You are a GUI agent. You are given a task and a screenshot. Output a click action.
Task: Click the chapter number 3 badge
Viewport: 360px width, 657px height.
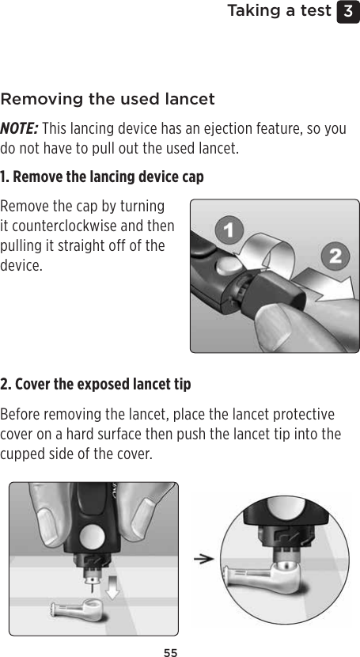(347, 12)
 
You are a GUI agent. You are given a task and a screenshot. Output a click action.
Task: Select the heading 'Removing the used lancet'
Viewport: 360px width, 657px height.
(108, 100)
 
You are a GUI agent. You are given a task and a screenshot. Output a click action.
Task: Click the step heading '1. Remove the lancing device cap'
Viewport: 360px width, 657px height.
(102, 176)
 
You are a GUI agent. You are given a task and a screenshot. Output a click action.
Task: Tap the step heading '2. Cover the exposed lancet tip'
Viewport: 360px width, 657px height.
(96, 384)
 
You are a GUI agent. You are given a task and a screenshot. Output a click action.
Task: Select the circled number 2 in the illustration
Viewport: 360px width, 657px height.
(335, 256)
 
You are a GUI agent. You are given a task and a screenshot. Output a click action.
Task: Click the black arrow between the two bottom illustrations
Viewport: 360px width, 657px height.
(205, 558)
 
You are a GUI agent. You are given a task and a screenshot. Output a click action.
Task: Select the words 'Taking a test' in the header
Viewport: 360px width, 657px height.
(279, 11)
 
